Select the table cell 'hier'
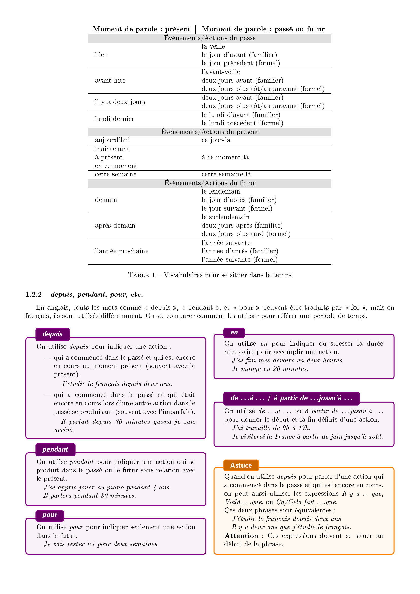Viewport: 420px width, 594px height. point(101,55)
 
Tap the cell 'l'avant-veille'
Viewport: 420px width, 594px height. point(221,72)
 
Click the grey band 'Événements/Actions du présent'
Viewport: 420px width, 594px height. point(209,132)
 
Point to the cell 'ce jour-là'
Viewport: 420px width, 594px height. point(216,140)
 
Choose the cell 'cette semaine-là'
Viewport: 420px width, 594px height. point(226,174)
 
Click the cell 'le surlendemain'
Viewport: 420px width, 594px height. point(225,217)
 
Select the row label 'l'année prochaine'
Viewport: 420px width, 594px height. point(122,251)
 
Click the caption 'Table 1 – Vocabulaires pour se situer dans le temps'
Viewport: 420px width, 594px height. point(209,275)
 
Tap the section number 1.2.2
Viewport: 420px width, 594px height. point(34,294)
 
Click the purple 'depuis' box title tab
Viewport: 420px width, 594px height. point(53,334)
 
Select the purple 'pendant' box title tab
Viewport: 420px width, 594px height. point(55,449)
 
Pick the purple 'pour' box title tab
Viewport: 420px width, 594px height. point(50,515)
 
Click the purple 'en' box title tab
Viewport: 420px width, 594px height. point(234,332)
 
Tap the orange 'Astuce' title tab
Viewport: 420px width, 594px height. point(241,465)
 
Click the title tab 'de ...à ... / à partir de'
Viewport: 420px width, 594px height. point(291,398)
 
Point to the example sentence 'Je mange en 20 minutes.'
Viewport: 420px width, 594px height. point(270,369)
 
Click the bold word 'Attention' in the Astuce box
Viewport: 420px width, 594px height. point(241,536)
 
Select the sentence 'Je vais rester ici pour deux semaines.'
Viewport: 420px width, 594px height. point(101,544)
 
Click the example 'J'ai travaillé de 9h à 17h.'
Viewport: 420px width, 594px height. point(271,428)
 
